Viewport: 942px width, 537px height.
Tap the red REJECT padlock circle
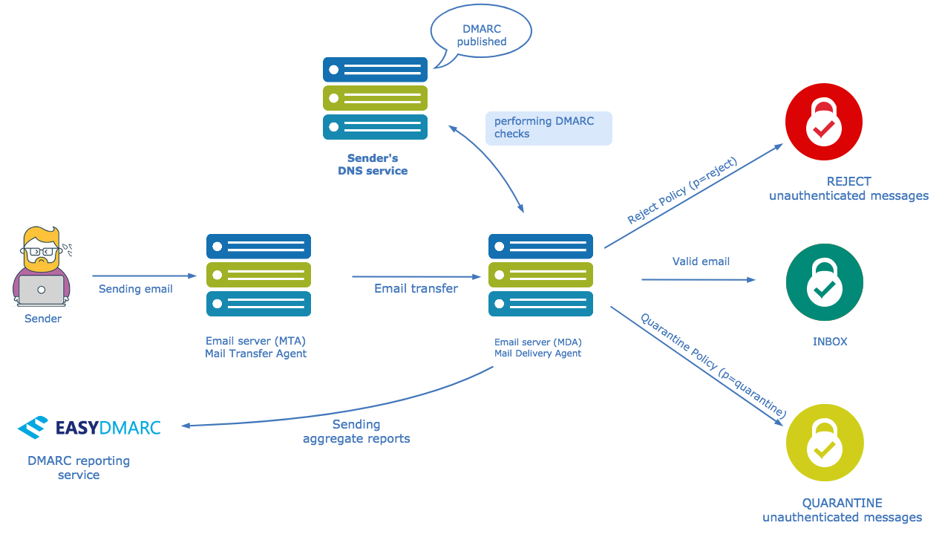tap(824, 122)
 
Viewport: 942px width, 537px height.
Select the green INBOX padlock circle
tap(825, 282)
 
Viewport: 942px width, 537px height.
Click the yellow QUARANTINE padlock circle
tap(825, 443)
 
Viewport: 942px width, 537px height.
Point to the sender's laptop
tap(42, 290)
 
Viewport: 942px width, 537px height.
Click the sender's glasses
tap(42, 252)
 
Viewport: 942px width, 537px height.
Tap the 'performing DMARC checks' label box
tap(549, 128)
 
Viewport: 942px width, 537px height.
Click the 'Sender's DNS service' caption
tap(373, 165)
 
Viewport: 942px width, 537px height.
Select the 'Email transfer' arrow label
tap(416, 288)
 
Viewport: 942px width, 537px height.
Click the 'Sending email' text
tap(135, 289)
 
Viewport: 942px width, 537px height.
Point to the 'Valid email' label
tap(701, 261)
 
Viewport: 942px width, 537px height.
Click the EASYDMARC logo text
tap(108, 428)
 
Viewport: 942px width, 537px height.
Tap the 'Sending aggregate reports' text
tap(356, 432)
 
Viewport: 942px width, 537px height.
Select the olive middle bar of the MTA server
tap(258, 275)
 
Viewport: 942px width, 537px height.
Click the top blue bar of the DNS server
tap(375, 69)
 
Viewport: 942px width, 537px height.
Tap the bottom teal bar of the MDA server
tap(541, 304)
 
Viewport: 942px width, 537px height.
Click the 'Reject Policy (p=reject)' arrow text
tap(681, 190)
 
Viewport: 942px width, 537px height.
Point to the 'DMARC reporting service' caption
tap(79, 468)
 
